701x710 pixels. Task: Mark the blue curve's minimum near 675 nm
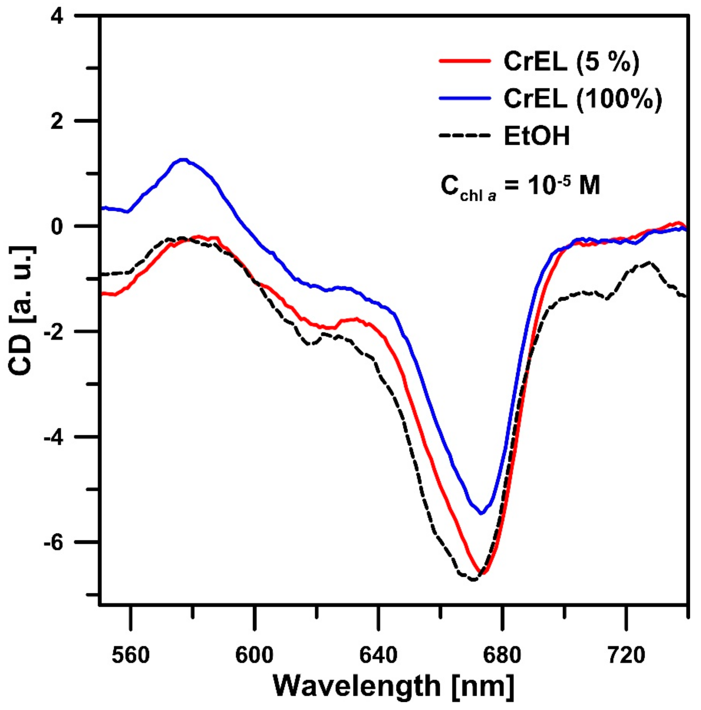pos(481,513)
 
